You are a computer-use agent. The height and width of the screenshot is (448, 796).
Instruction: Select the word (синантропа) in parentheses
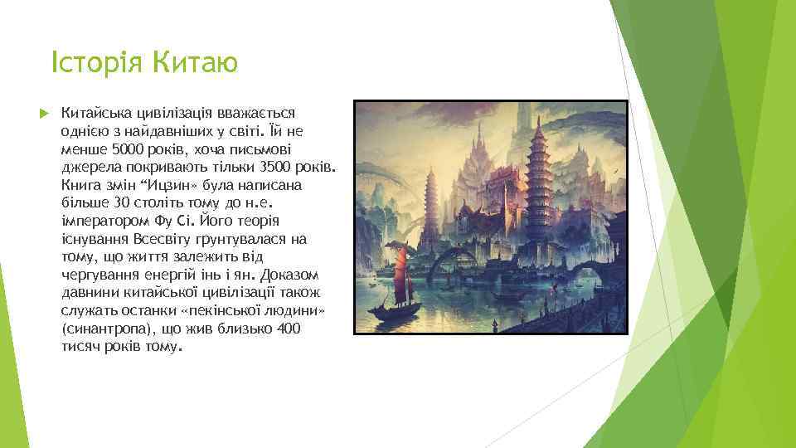107,329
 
